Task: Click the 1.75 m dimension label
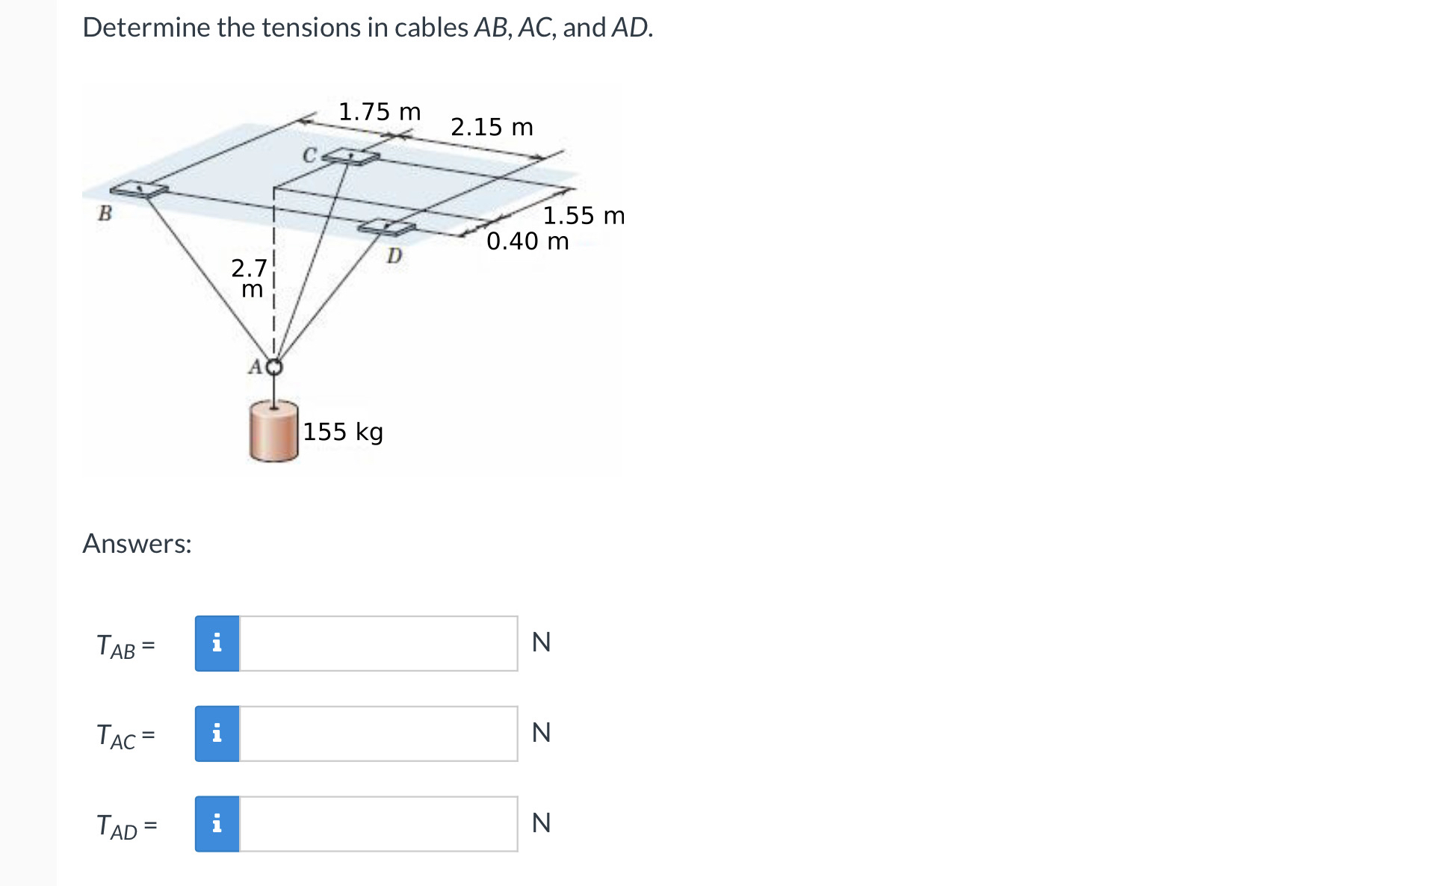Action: point(380,112)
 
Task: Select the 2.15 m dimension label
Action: point(492,127)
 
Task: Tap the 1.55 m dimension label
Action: point(584,216)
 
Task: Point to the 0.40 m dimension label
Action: point(527,241)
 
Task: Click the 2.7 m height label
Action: point(250,278)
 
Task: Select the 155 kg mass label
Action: point(343,432)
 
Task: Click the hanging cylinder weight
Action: point(273,432)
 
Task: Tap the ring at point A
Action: point(275,367)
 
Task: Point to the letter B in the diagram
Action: point(105,214)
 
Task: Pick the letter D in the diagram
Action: point(394,256)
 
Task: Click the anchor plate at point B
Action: point(140,189)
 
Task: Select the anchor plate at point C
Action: point(351,156)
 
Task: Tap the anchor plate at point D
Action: point(386,227)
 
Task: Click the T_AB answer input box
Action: point(378,643)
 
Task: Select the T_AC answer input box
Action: point(378,734)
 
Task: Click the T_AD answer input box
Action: point(378,824)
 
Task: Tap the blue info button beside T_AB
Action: point(217,643)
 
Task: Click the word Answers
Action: point(137,544)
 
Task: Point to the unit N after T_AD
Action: point(541,823)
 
